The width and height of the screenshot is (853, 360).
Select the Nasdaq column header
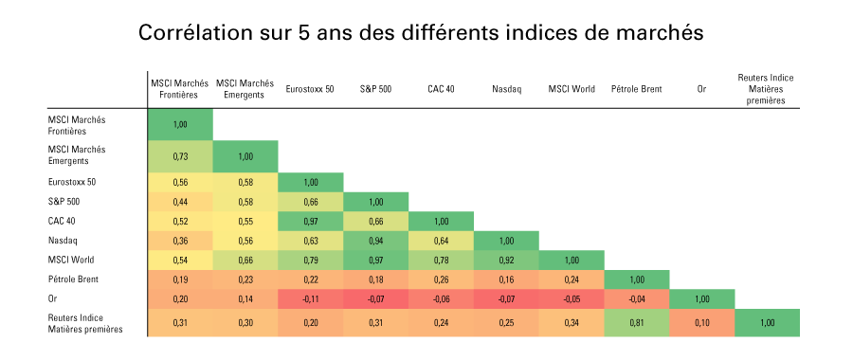pyautogui.click(x=506, y=89)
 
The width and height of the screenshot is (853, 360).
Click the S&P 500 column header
pyautogui.click(x=375, y=89)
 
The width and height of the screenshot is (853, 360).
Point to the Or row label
pyautogui.click(x=53, y=298)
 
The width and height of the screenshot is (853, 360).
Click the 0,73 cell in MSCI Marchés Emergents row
pyautogui.click(x=179, y=155)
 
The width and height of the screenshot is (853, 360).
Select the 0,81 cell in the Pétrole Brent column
pyautogui.click(x=636, y=323)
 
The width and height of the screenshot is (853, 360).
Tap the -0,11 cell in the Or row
pyautogui.click(x=310, y=298)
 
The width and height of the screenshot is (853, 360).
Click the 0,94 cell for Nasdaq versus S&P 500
pyautogui.click(x=375, y=241)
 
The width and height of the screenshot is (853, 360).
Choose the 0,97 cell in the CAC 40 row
pyautogui.click(x=310, y=221)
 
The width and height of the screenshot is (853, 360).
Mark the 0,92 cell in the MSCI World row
pyautogui.click(x=506, y=260)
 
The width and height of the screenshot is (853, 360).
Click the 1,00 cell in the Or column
pyautogui.click(x=701, y=298)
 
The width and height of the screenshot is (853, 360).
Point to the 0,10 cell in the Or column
pyautogui.click(x=701, y=323)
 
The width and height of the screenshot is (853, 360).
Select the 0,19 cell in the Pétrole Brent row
pyautogui.click(x=179, y=279)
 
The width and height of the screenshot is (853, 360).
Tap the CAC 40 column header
pyautogui.click(x=441, y=89)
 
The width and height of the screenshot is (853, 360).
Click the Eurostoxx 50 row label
pyautogui.click(x=72, y=181)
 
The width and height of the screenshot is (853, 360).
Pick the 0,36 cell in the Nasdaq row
pyautogui.click(x=179, y=241)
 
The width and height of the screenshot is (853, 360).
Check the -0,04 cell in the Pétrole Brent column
pyautogui.click(x=636, y=298)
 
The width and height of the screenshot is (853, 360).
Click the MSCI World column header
pyautogui.click(x=572, y=89)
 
